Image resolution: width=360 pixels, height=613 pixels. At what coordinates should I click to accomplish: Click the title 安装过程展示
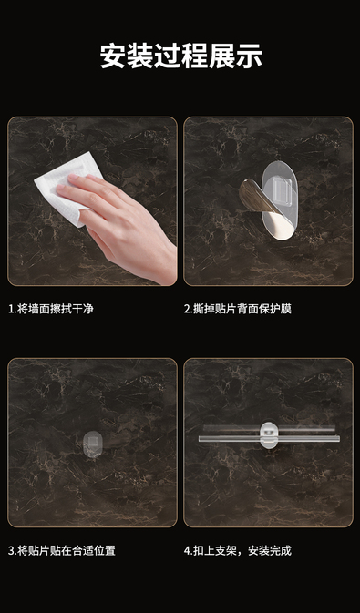click(x=180, y=56)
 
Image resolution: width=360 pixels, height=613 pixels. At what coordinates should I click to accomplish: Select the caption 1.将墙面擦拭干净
click(x=51, y=309)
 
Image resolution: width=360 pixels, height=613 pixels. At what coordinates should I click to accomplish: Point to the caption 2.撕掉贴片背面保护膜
click(x=238, y=309)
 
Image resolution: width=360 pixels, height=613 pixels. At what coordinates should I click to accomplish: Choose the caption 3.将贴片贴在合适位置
click(x=62, y=551)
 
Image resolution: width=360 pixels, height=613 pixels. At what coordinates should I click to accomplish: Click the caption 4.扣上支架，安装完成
click(x=238, y=551)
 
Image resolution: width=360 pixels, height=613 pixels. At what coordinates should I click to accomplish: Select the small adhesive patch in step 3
click(x=93, y=443)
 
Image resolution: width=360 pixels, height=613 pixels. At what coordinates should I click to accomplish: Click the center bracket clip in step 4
click(x=269, y=434)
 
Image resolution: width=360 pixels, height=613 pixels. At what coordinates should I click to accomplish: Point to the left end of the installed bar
click(x=200, y=439)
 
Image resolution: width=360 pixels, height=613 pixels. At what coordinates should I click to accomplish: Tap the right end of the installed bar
click(x=338, y=438)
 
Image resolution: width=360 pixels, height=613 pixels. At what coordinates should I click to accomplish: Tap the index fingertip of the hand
click(x=73, y=177)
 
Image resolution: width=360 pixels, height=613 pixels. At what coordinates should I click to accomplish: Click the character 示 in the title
click(x=249, y=56)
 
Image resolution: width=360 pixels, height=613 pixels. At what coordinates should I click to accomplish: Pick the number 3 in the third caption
click(x=11, y=551)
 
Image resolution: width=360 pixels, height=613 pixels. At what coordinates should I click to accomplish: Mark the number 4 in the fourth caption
click(x=187, y=551)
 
